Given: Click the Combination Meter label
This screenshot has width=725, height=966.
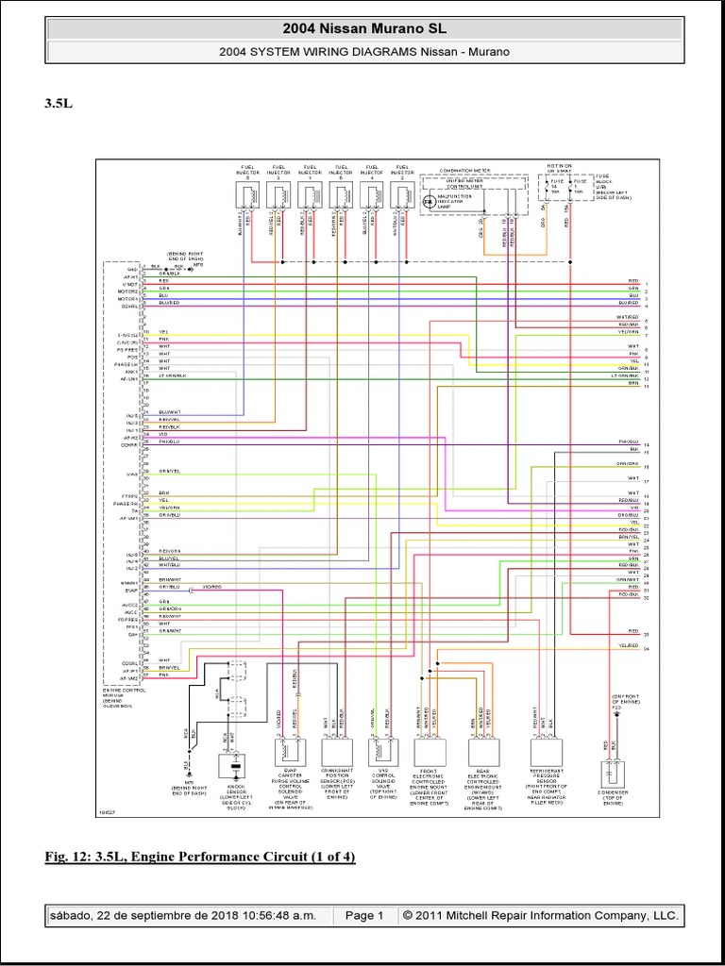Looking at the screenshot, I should point(469,171).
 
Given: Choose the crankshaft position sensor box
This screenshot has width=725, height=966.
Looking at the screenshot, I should point(336,752).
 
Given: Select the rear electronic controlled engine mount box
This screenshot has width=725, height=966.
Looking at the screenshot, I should point(484,752).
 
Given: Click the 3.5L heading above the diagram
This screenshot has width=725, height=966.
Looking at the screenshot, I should point(59,104).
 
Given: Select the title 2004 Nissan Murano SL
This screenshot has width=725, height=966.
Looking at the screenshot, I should point(362,29).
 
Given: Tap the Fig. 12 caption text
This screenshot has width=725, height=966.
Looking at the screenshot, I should point(200,857).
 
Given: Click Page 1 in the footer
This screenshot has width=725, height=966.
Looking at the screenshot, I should point(363,915).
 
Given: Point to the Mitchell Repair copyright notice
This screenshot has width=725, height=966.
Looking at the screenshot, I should point(539,915).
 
